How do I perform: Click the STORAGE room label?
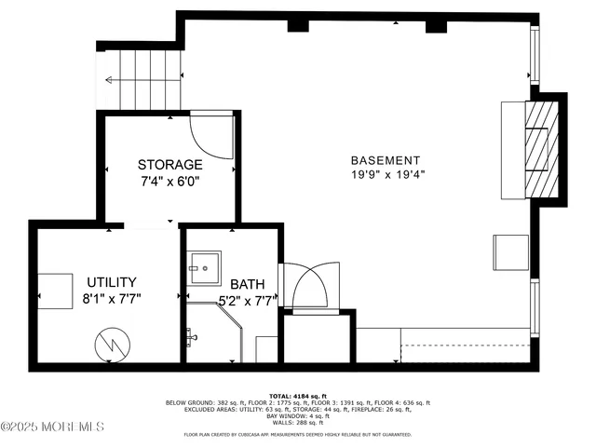pyautogui.click(x=169, y=164)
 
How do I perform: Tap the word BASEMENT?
pyautogui.click(x=386, y=160)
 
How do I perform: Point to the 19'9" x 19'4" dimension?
pyautogui.click(x=386, y=174)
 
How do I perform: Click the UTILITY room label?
pyautogui.click(x=112, y=282)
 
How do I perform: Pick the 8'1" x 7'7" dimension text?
pyautogui.click(x=112, y=299)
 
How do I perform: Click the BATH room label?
pyautogui.click(x=248, y=285)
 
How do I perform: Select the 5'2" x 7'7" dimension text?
pyautogui.click(x=248, y=300)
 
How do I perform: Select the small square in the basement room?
pyautogui.click(x=509, y=251)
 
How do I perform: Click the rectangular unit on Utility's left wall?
pyautogui.click(x=55, y=291)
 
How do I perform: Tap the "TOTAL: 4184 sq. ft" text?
pyautogui.click(x=298, y=396)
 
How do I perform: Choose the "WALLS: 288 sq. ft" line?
pyautogui.click(x=298, y=423)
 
